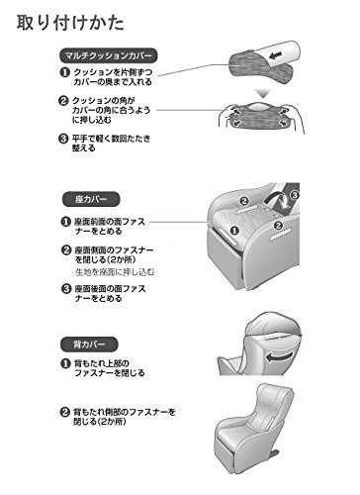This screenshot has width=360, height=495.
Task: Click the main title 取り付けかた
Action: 70,23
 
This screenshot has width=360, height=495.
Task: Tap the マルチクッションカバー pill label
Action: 109,55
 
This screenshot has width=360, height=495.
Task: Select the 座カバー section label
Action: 91,199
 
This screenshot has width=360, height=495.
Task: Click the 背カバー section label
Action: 89,345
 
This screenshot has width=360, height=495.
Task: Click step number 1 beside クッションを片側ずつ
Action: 64,72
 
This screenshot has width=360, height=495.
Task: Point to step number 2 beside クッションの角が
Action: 63,101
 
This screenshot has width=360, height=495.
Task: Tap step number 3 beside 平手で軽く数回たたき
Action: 63,139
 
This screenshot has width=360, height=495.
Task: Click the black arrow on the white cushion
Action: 276,55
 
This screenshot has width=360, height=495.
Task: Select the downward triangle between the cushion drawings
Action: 263,93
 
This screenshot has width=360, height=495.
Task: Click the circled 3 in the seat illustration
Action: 295,195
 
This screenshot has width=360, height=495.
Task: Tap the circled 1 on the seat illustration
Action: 234,231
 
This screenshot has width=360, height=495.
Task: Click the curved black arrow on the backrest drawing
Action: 279,357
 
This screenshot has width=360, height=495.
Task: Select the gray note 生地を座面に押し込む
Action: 115,272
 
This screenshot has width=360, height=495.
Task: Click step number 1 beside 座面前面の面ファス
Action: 66,222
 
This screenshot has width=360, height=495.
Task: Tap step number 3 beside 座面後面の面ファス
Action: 66,289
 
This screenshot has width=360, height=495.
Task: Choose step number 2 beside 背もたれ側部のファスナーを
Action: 64,412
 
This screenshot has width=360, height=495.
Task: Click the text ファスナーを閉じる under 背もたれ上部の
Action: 110,373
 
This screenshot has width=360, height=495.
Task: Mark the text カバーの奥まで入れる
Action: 113,82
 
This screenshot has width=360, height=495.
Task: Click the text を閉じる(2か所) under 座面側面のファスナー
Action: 106,259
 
